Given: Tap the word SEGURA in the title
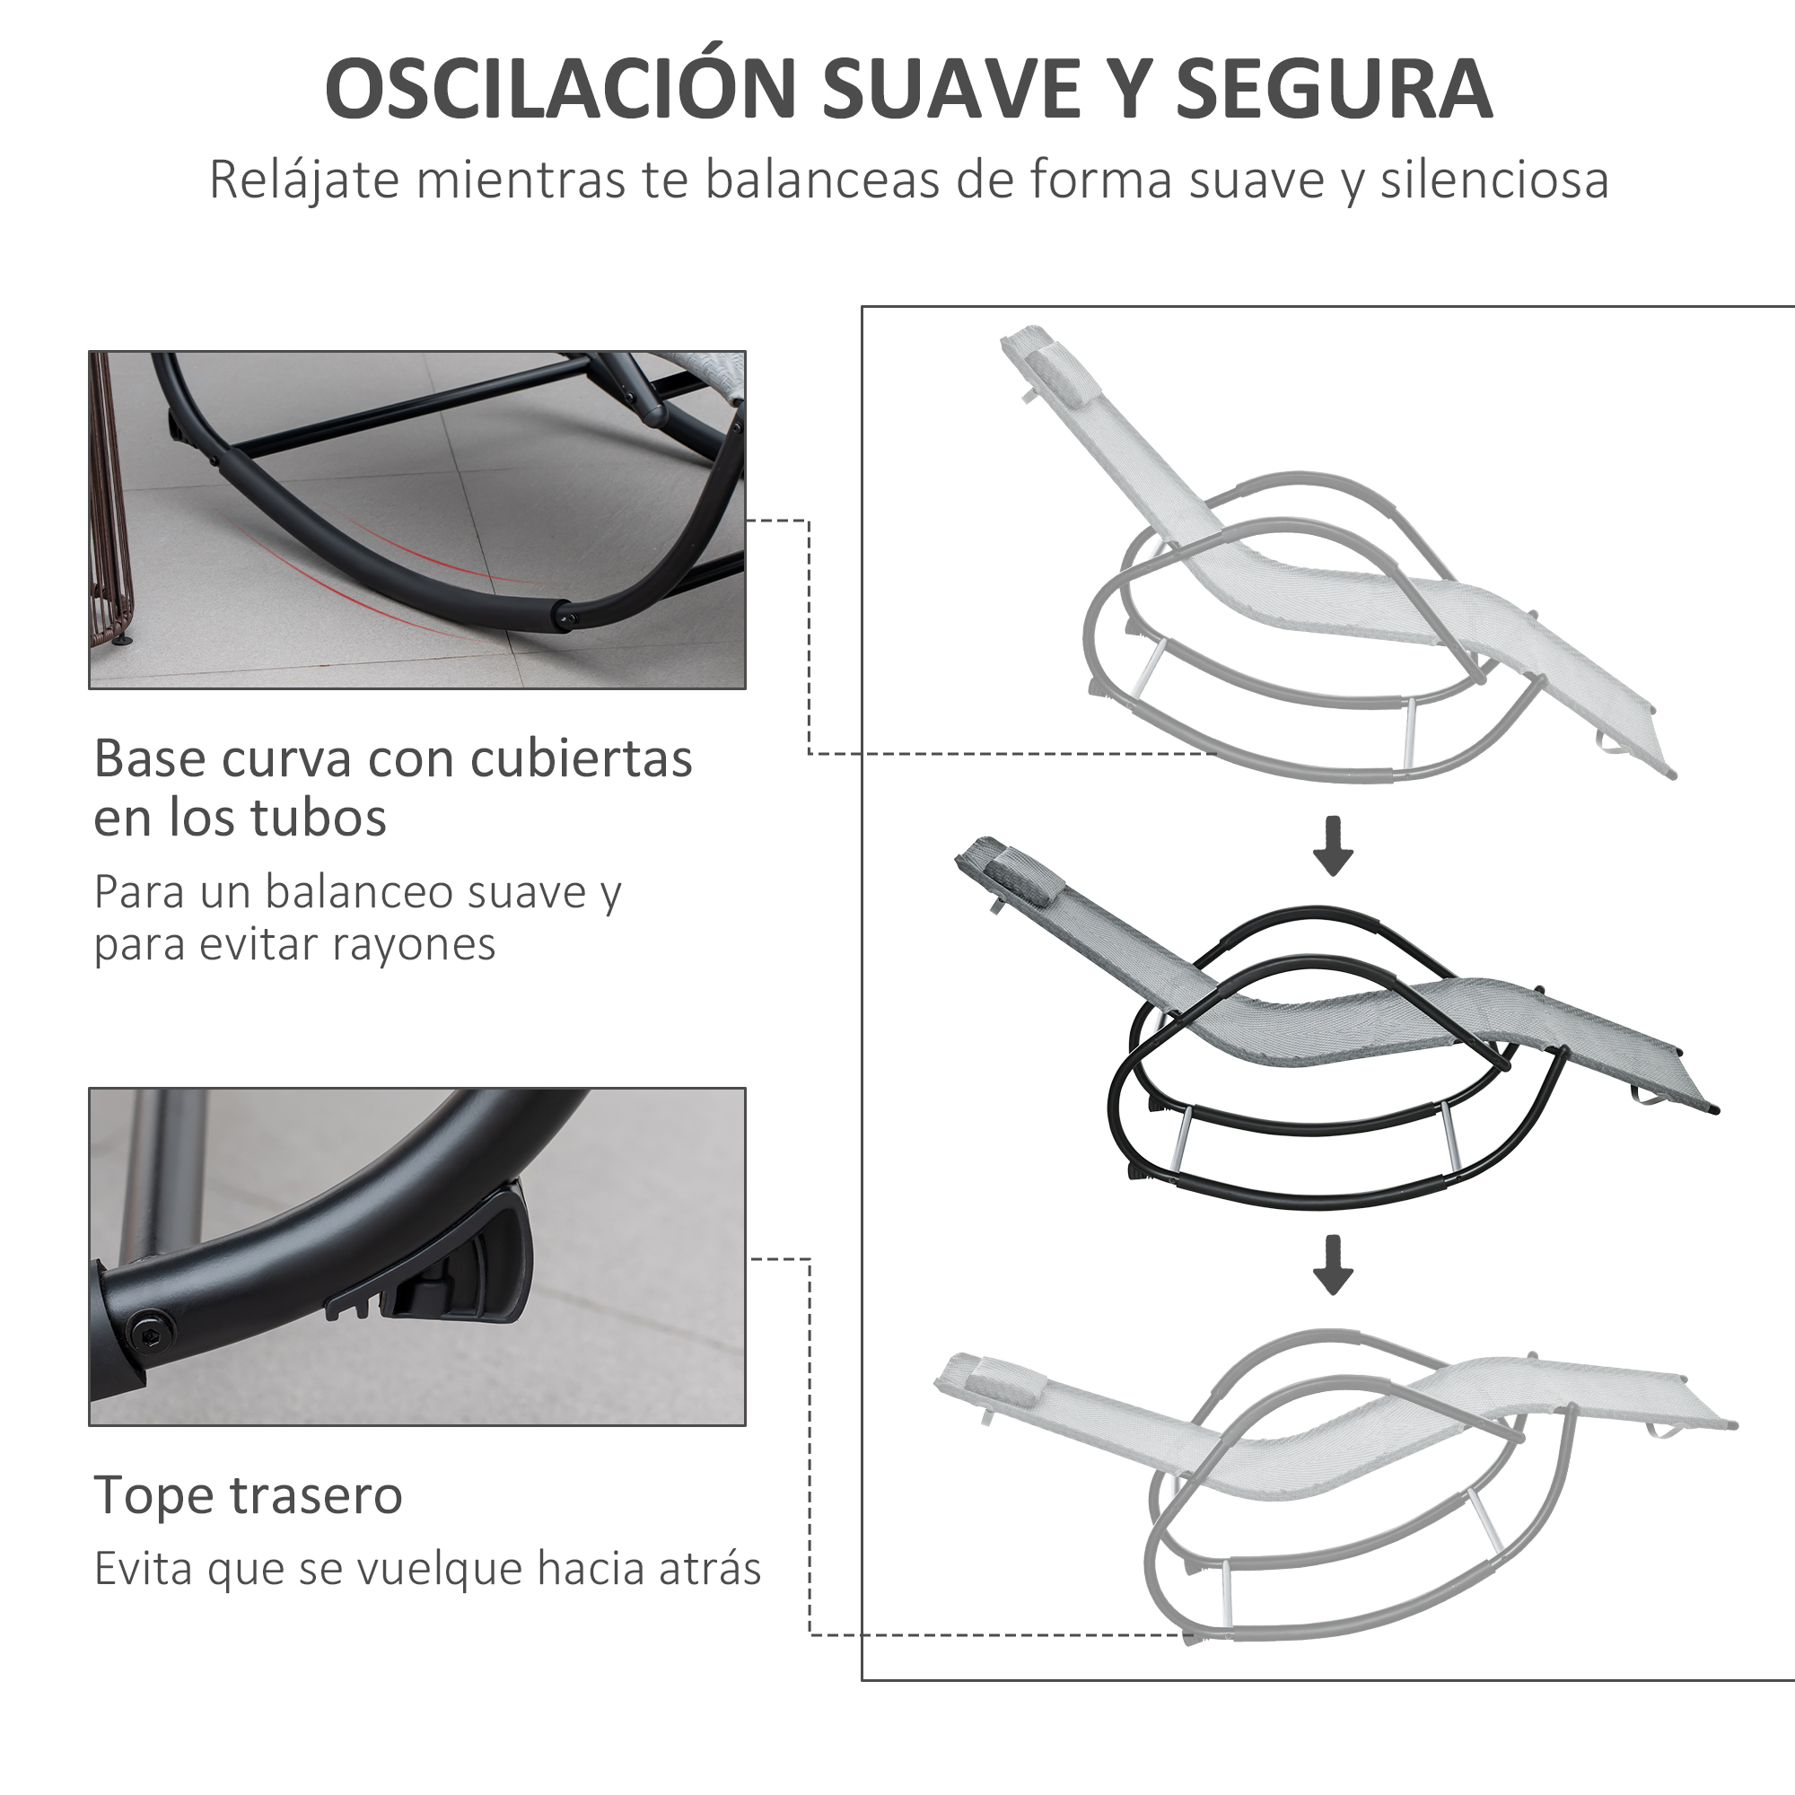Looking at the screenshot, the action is [1335, 89].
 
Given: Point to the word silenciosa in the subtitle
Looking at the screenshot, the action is [1494, 179].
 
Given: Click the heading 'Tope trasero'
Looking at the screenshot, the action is [248, 1495].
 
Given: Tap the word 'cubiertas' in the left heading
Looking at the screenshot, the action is [581, 758].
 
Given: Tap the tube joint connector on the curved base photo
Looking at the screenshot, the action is [563, 615].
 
